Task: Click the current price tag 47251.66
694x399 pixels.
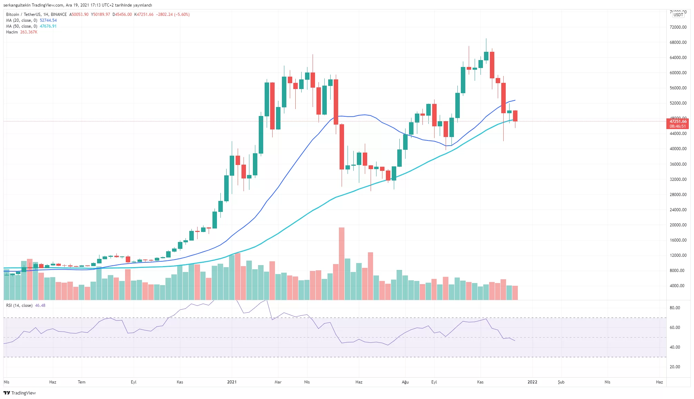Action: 678,121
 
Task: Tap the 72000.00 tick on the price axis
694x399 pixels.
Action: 678,27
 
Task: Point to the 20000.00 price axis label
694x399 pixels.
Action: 678,225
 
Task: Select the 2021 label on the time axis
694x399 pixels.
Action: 232,382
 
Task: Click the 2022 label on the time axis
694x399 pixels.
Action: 532,382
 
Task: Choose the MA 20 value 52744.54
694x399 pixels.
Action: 48,20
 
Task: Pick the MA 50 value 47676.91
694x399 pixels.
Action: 48,26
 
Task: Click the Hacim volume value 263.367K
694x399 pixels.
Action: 29,32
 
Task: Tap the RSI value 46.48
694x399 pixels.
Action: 40,305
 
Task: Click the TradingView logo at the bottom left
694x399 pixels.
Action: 20,393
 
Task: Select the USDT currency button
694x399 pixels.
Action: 678,14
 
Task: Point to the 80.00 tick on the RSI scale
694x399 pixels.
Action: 675,308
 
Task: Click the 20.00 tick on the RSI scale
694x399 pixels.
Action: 675,367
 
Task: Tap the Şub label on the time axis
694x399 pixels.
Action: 561,382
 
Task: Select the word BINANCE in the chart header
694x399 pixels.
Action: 59,14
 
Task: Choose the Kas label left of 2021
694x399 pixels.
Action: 180,382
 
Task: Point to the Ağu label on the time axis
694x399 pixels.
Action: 405,382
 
